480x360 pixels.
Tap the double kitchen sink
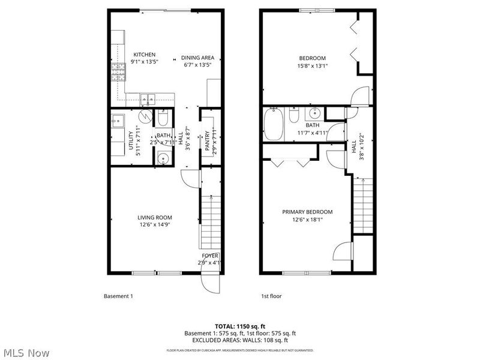[147, 98]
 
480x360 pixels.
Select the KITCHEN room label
[144, 55]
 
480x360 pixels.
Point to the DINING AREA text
[197, 58]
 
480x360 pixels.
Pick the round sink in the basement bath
[162, 158]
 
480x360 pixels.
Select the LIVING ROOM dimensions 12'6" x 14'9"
[155, 226]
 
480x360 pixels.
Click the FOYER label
[210, 256]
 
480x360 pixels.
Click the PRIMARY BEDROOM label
[307, 212]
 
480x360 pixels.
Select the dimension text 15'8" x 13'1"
[313, 66]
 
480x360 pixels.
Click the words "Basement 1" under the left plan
[118, 296]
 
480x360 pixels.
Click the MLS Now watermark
[26, 353]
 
